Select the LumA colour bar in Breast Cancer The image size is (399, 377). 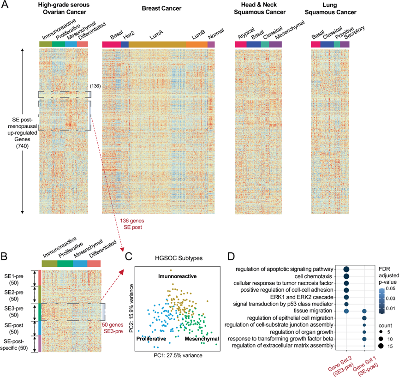(x=157, y=44)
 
